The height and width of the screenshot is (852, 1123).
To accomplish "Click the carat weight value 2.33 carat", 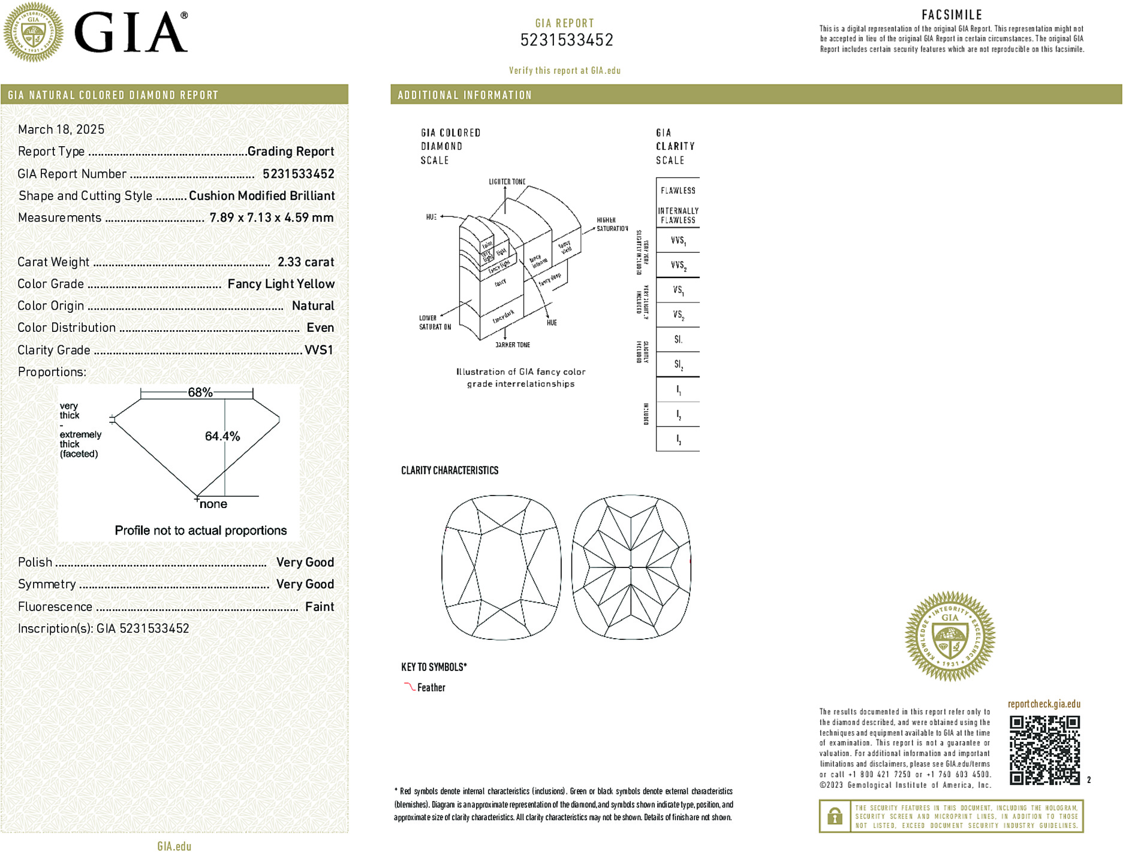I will click(305, 262).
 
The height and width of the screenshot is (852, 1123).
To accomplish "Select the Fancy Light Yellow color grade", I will click(281, 284).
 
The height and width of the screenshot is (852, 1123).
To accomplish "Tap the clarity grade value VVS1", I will click(318, 350).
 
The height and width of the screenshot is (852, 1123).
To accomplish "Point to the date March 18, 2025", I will click(61, 129).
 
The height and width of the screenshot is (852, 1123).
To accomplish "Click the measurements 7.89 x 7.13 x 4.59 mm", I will click(271, 217).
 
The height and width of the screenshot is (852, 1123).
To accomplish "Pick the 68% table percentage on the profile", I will click(200, 392).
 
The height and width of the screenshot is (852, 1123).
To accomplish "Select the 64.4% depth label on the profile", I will click(222, 436).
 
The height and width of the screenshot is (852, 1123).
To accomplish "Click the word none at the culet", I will click(213, 504).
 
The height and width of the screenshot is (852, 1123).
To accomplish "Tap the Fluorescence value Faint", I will click(320, 606).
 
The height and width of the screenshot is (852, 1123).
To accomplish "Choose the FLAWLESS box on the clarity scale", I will click(678, 191).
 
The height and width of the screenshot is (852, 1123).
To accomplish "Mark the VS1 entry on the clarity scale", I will click(678, 290).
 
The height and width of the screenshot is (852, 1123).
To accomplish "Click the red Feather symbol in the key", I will click(409, 687).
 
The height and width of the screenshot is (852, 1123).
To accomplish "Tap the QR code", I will click(1044, 750).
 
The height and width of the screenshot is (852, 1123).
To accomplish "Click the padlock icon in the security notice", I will click(835, 816).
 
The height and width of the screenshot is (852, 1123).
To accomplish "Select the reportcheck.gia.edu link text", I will click(1044, 704).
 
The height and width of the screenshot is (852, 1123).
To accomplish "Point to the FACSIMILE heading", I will click(952, 15).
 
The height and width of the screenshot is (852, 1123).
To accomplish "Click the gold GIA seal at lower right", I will click(950, 636).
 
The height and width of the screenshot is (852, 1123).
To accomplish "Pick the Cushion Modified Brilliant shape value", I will click(261, 196).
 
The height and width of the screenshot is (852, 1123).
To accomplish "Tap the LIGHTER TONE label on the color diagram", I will click(507, 182).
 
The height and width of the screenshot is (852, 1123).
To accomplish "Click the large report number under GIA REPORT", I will click(567, 40).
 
